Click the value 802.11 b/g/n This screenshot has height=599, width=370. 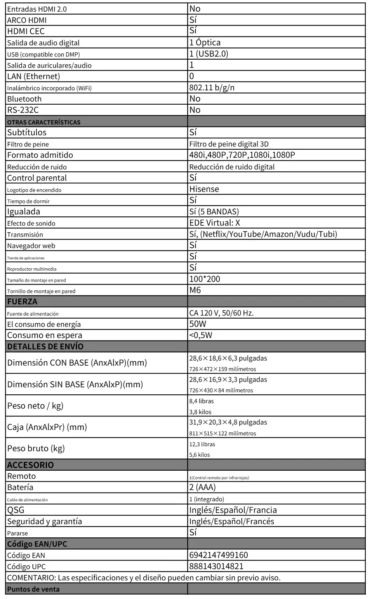212,88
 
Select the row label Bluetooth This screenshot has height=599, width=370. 24,99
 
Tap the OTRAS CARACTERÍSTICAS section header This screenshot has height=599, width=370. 43,122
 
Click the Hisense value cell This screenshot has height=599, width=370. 204,189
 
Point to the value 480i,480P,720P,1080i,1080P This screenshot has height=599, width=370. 242,155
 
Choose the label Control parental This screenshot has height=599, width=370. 37,178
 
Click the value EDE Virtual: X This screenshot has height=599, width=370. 215,223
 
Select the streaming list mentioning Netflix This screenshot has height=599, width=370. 263,234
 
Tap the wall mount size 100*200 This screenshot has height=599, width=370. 205,279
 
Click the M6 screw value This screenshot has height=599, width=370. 195,290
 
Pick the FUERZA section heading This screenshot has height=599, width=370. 22,302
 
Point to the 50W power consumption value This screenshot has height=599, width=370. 198,324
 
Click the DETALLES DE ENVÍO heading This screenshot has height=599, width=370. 45,347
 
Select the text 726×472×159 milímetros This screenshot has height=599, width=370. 222,369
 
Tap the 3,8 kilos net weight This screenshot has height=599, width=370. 200,412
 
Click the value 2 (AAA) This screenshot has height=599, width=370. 202,487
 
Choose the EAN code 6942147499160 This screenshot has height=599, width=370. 219,555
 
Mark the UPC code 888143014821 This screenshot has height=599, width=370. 216,566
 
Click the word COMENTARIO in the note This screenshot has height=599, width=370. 31,578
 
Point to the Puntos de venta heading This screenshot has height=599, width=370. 33,589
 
